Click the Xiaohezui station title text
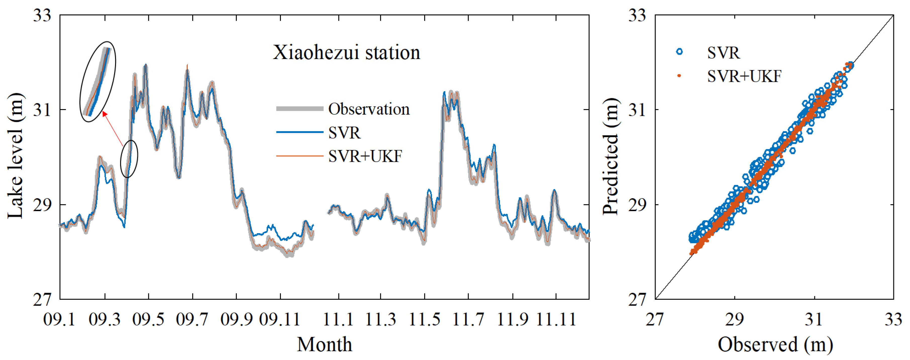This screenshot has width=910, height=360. coord(346,53)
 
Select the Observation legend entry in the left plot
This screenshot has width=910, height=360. coord(369,109)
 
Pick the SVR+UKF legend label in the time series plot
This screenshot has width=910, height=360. coord(365,156)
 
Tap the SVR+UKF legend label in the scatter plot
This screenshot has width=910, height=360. coord(744,76)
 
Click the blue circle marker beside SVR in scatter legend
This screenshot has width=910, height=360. coord(679,52)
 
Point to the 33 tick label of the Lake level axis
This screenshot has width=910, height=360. coord(42,16)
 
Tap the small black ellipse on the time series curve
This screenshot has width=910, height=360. coord(129,159)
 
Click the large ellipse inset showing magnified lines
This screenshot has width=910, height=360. coord(98,82)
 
